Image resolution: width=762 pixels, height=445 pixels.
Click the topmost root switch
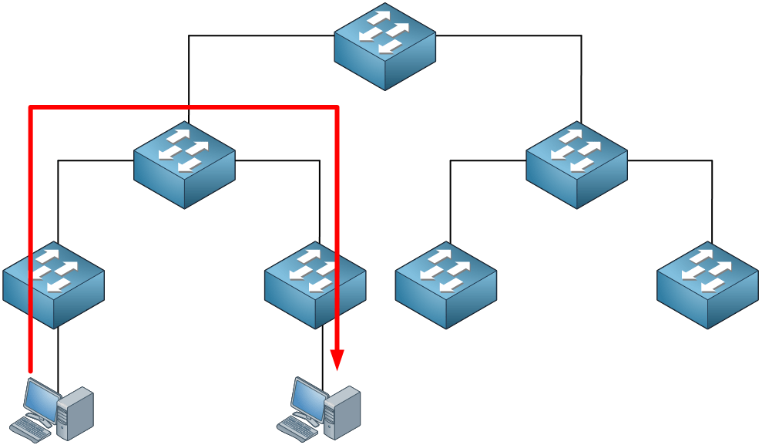(x=384, y=46)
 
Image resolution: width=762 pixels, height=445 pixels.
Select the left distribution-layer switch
(x=184, y=164)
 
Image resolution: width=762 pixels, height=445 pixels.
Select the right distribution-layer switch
(x=576, y=164)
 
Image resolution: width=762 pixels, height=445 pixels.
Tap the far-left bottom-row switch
(x=53, y=285)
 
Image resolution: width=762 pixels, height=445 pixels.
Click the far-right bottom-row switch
(x=707, y=285)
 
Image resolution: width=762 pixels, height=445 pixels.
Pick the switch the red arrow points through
(x=314, y=285)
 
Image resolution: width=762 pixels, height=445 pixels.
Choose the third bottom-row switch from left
(x=445, y=285)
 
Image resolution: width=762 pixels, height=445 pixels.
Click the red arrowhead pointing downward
(x=337, y=359)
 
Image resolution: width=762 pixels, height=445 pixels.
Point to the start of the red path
(x=30, y=369)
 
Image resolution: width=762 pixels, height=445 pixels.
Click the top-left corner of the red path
(x=30, y=106)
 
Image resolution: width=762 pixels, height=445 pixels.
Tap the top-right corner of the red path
(x=337, y=106)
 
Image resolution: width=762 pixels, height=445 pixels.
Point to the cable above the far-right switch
(x=712, y=201)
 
